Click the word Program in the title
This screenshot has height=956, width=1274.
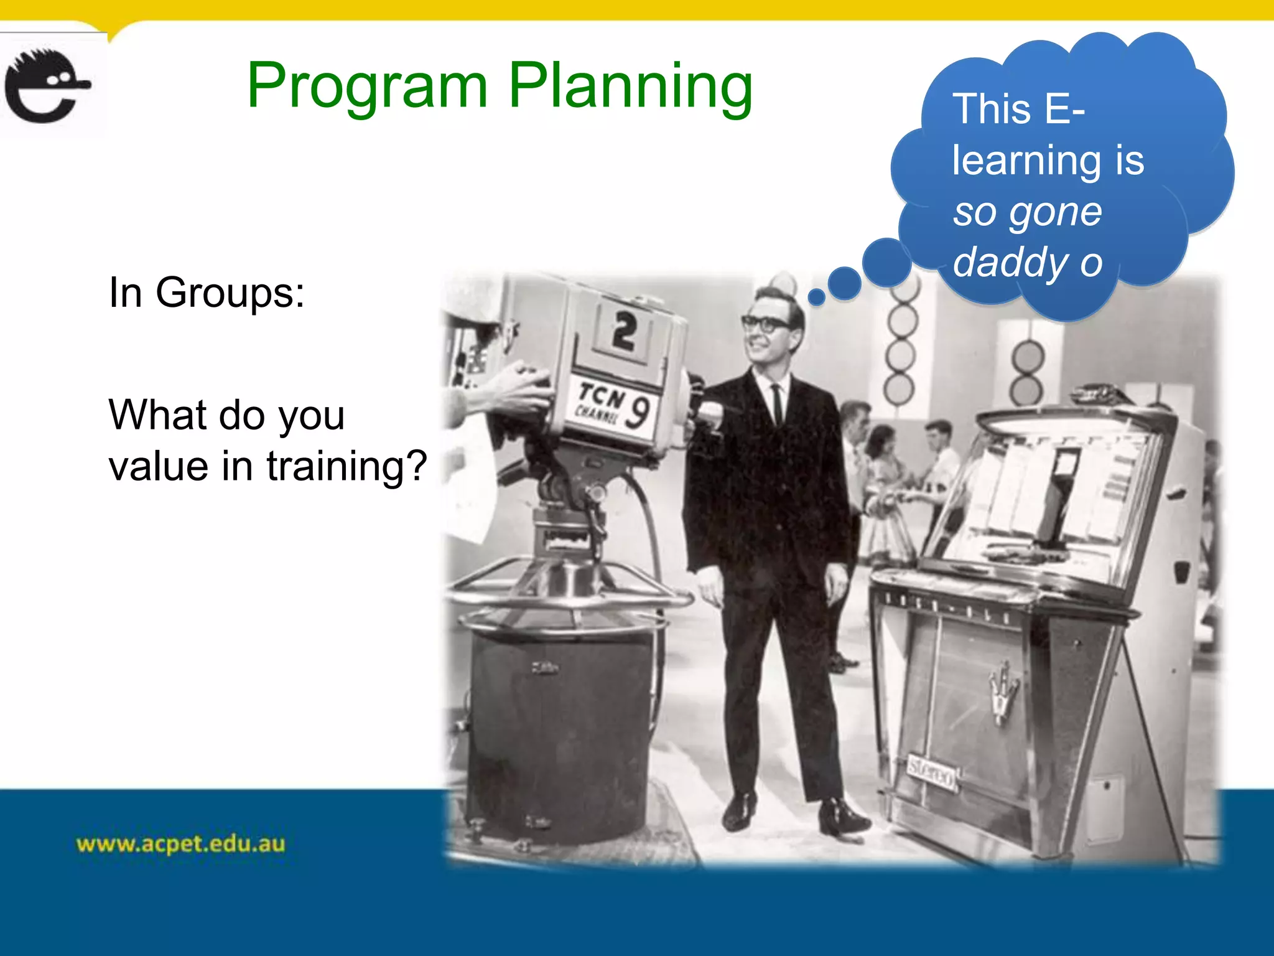[367, 87]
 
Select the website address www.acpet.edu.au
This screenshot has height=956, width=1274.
[180, 844]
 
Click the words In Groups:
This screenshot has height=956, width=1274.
[207, 293]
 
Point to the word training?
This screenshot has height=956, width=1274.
[346, 466]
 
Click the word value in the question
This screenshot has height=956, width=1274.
[158, 466]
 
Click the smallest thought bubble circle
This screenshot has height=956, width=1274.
[816, 298]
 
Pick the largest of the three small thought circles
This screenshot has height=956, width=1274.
[886, 262]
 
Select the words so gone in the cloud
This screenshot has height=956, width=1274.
[1028, 212]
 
